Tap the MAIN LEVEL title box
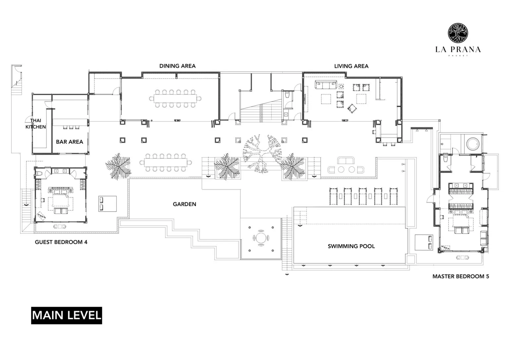(66, 315)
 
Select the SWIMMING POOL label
(351, 246)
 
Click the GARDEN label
(184, 204)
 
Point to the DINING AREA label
(177, 66)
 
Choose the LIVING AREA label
(351, 66)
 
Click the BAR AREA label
(69, 142)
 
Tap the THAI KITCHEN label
(36, 123)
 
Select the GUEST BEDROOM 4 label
(61, 242)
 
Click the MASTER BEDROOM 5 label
(460, 276)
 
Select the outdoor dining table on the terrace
(166, 162)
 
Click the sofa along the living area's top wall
(325, 85)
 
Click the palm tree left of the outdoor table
(118, 166)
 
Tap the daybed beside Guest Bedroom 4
(107, 203)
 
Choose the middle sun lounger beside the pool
(363, 197)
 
